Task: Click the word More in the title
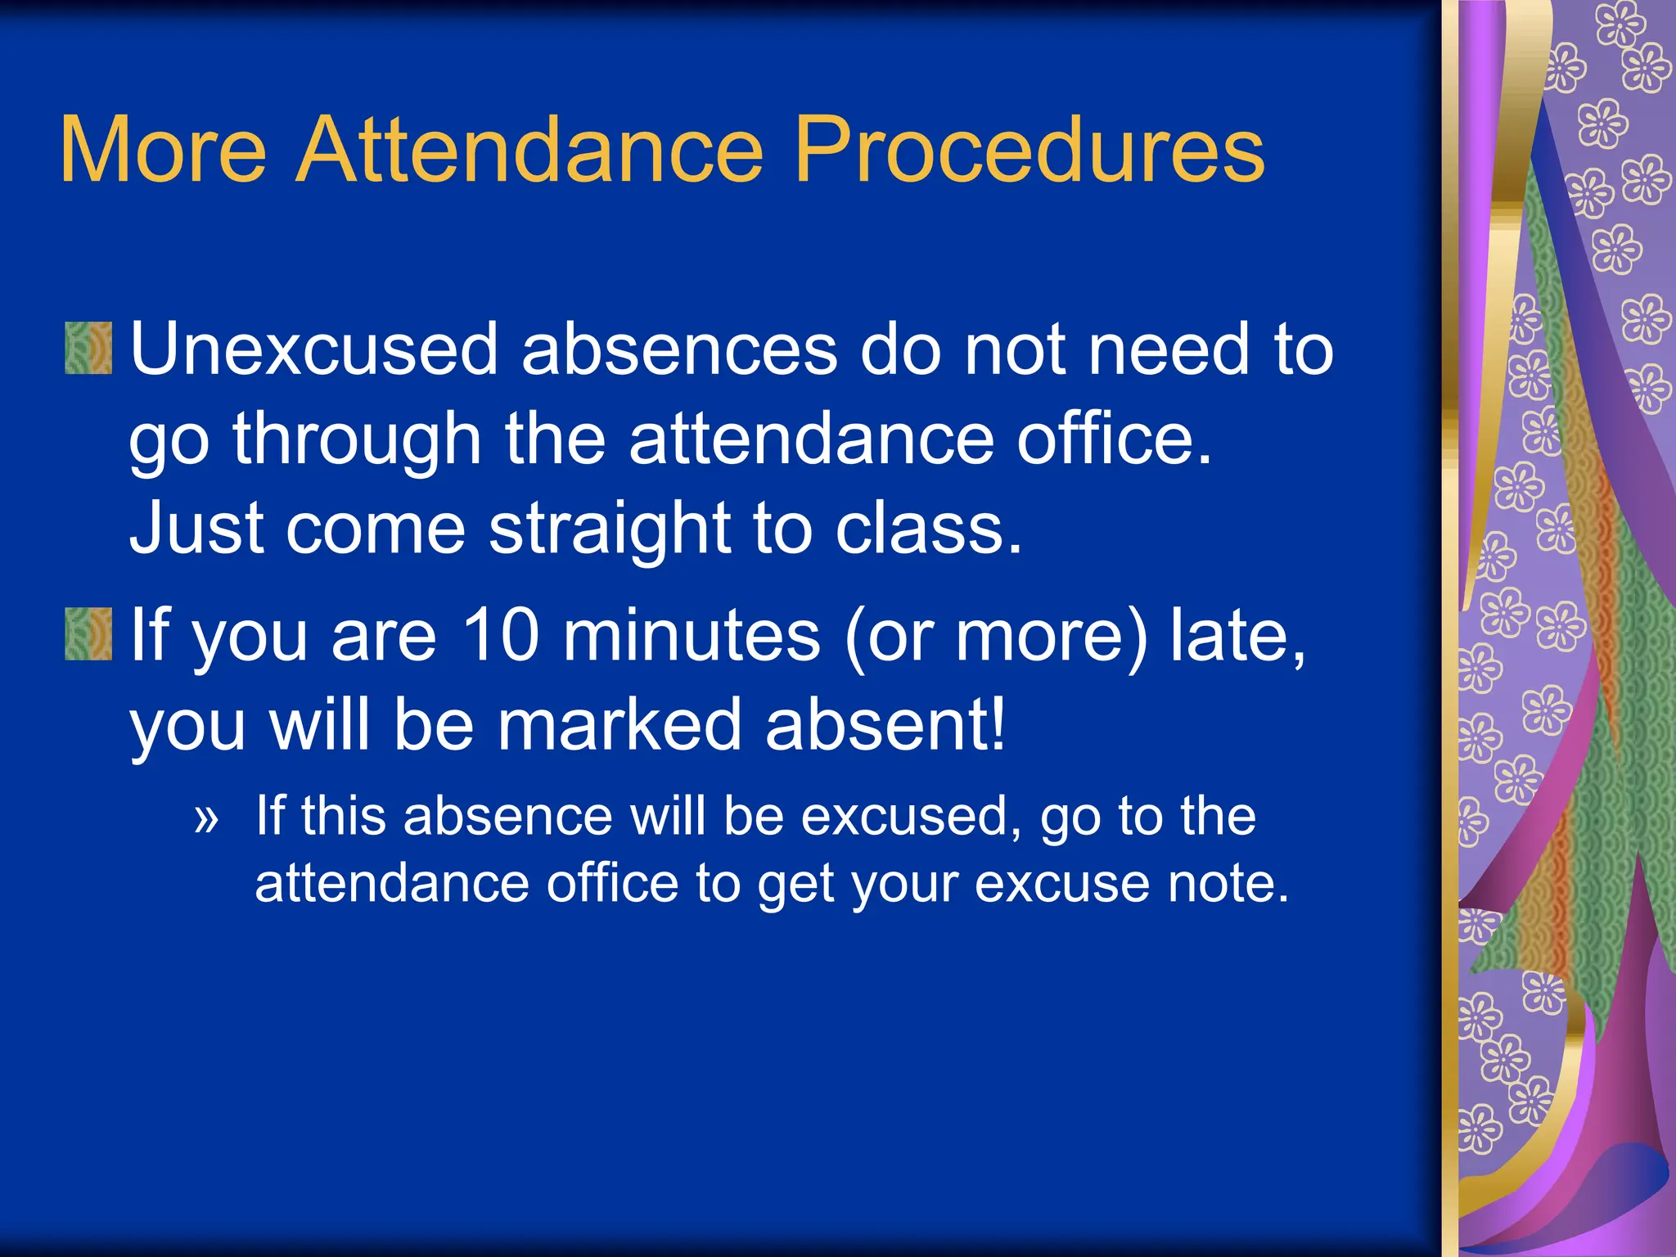point(163,150)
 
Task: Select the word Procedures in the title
point(1029,150)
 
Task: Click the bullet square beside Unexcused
point(88,349)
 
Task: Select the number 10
point(501,635)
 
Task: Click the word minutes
point(692,635)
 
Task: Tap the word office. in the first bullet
point(1113,439)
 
